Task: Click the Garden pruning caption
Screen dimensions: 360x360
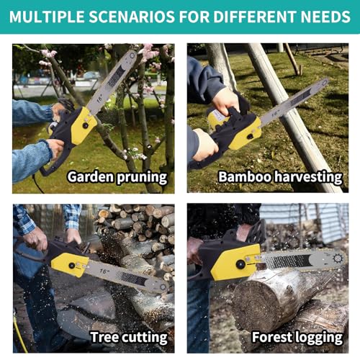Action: click(117, 176)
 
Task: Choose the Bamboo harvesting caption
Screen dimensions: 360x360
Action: click(279, 176)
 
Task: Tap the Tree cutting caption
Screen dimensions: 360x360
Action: click(129, 336)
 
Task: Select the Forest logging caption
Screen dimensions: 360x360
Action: click(296, 336)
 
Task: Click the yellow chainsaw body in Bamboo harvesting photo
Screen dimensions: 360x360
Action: click(246, 133)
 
